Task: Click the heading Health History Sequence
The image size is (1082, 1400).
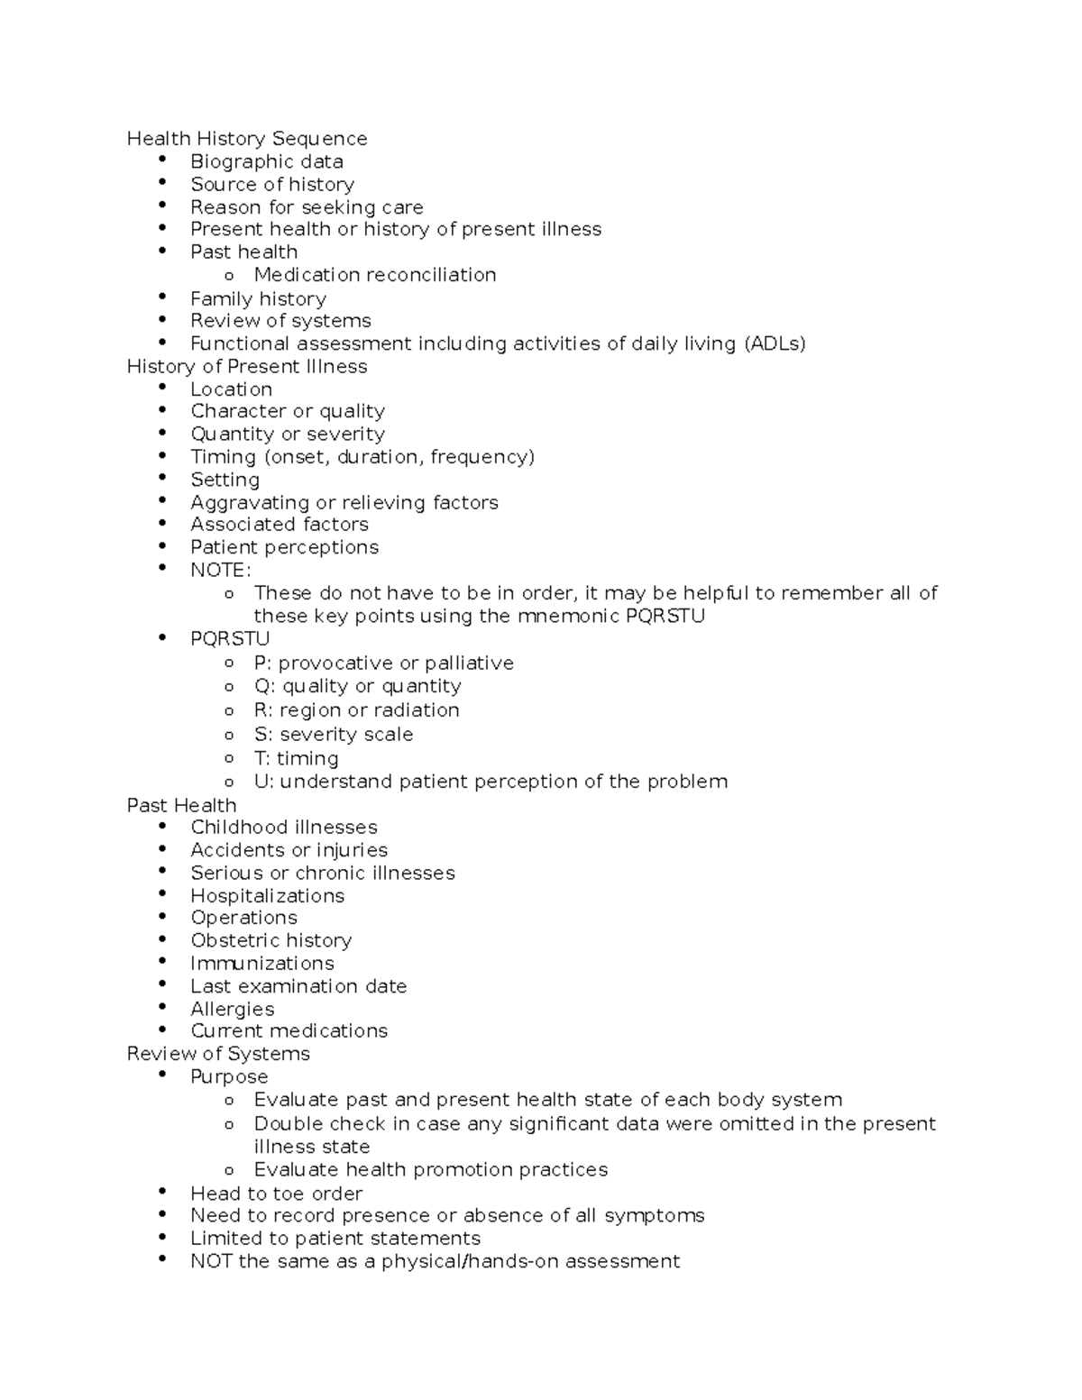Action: (x=246, y=139)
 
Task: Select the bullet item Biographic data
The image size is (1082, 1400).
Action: (x=266, y=161)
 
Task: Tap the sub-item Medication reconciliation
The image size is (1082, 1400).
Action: (x=374, y=275)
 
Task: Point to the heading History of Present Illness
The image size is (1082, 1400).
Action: (x=246, y=367)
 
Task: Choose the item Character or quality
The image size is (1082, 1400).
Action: (x=287, y=411)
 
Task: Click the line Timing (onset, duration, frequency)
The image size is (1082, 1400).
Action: (x=362, y=457)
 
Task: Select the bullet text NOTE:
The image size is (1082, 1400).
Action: (x=220, y=571)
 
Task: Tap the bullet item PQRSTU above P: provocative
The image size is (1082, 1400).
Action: (x=229, y=639)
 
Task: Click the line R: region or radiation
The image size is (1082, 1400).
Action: (x=356, y=710)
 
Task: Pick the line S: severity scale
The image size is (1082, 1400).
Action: (x=333, y=735)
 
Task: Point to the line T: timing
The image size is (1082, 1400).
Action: (x=296, y=758)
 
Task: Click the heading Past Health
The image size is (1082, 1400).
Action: (x=181, y=805)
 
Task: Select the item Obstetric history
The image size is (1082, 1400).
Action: (x=270, y=940)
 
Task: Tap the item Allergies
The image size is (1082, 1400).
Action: (x=232, y=1009)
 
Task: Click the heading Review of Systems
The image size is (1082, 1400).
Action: (x=217, y=1054)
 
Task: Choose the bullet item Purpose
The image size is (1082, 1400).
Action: (x=228, y=1077)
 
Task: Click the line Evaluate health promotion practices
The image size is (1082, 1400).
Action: (x=430, y=1170)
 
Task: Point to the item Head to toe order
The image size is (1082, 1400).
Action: (x=276, y=1194)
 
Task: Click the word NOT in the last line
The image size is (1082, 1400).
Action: (x=211, y=1261)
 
